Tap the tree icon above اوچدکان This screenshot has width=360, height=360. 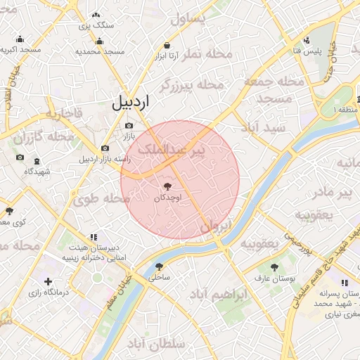tap(167, 186)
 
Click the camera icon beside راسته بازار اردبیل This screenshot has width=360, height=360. tap(105, 148)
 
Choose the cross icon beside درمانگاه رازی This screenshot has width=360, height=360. tap(48, 281)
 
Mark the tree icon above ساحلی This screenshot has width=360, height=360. tap(160, 266)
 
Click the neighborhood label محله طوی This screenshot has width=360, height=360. tap(101, 199)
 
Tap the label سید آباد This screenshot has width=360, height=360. tap(263, 128)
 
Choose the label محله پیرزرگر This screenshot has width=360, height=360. tap(191, 85)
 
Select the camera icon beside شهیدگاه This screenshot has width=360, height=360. tap(20, 158)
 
